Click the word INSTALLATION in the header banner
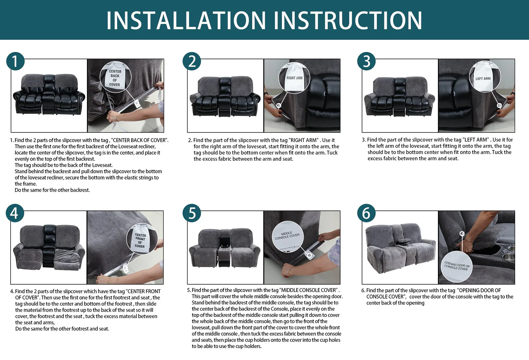[186, 20]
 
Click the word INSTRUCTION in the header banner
[348, 20]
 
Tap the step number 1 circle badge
[15, 61]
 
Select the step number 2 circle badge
[192, 61]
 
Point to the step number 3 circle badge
[366, 61]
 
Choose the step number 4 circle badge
[15, 213]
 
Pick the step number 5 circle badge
[192, 213]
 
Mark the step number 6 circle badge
[366, 213]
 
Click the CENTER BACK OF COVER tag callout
[115, 77]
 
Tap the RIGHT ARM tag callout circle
[294, 78]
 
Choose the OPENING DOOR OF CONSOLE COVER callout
[457, 267]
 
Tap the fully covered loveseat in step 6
[400, 248]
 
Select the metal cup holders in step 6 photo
[509, 253]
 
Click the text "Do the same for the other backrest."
[52, 190]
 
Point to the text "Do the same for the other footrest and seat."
[62, 329]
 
